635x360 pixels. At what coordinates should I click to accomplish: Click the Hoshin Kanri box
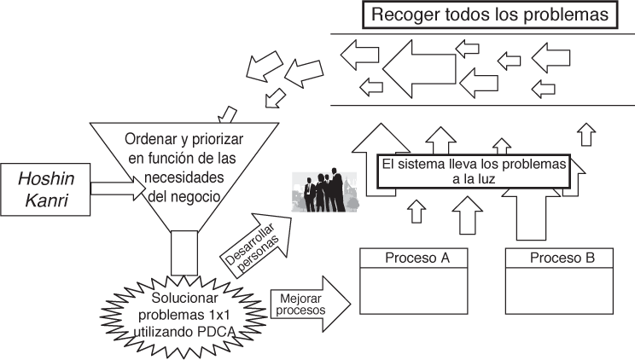(44, 190)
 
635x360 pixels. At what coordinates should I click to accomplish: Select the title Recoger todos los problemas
(488, 15)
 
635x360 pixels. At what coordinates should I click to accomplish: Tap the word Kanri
(44, 202)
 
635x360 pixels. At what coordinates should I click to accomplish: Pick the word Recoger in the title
(399, 15)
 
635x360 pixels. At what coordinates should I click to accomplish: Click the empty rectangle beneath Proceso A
(412, 291)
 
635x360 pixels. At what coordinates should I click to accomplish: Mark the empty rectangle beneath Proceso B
(558, 291)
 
